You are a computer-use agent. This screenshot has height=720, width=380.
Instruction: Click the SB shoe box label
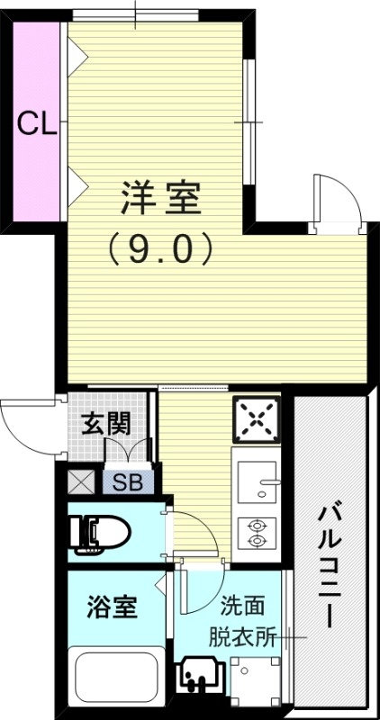coord(127,481)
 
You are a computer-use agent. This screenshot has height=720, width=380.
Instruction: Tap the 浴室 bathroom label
coord(113,607)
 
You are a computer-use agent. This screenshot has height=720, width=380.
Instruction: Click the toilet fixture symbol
coord(99,534)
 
